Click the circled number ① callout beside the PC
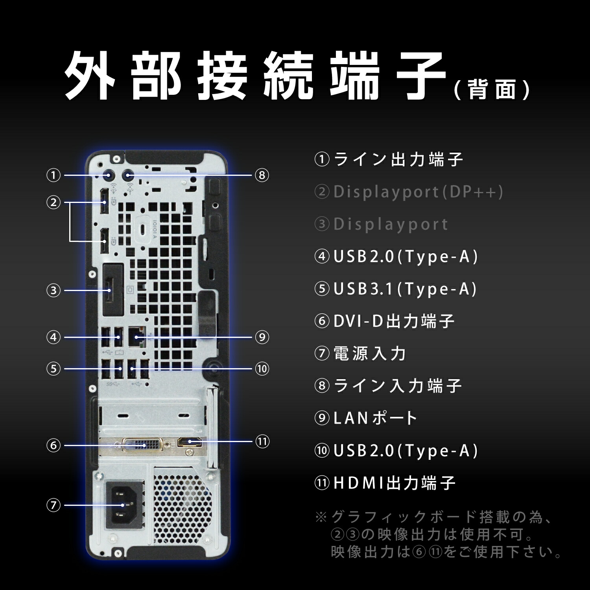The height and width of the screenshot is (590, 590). pyautogui.click(x=53, y=175)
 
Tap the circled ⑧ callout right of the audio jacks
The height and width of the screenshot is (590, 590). pyautogui.click(x=262, y=175)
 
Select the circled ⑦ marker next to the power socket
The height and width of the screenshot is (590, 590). pyautogui.click(x=53, y=505)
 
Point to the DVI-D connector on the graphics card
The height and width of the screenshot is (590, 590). pyautogui.click(x=141, y=445)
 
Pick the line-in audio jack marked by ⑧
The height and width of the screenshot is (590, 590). pyautogui.click(x=128, y=176)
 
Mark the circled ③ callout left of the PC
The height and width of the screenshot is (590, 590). pyautogui.click(x=53, y=291)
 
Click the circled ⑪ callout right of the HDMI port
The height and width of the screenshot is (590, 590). pyautogui.click(x=262, y=441)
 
